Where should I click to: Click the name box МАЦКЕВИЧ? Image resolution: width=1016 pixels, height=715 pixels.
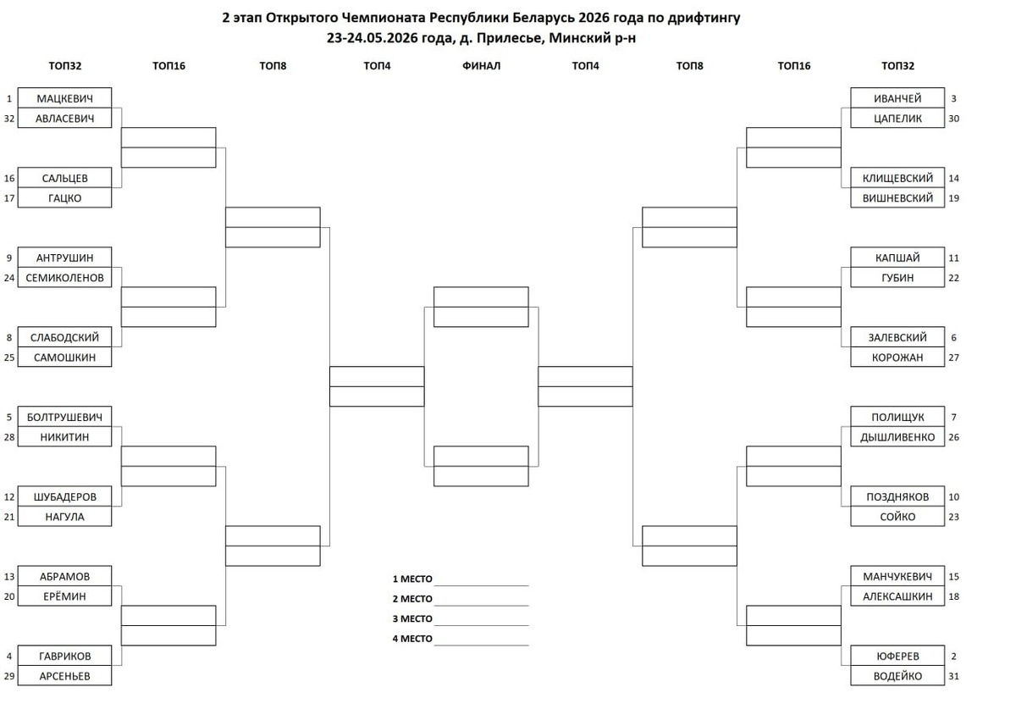click(x=65, y=98)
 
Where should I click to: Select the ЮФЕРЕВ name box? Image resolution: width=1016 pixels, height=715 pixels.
click(x=897, y=656)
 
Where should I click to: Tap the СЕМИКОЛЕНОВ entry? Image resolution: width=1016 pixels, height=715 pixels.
click(x=65, y=277)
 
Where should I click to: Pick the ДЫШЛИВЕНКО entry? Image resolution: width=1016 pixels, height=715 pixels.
click(x=897, y=437)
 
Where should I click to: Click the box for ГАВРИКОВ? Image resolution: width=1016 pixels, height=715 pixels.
click(x=65, y=656)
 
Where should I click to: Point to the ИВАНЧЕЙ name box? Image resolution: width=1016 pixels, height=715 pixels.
click(x=897, y=98)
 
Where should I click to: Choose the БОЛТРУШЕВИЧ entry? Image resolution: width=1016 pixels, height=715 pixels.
click(x=65, y=417)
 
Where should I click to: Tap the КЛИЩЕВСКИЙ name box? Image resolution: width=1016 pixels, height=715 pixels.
click(x=897, y=178)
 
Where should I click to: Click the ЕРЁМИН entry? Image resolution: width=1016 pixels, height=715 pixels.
click(x=65, y=596)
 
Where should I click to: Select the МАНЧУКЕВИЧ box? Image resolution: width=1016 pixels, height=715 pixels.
click(x=897, y=576)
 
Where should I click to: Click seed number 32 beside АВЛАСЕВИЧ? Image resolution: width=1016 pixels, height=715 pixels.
click(x=9, y=119)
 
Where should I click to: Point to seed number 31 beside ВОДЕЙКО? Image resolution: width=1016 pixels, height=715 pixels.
click(x=954, y=676)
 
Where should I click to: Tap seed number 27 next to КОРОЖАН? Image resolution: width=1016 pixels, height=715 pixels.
click(x=954, y=357)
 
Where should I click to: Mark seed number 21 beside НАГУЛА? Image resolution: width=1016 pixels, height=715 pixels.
click(x=9, y=517)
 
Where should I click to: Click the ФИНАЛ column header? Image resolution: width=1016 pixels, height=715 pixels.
click(x=481, y=66)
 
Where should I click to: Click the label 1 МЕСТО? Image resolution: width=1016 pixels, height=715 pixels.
click(x=412, y=579)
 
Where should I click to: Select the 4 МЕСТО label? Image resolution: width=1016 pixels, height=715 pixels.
click(x=412, y=639)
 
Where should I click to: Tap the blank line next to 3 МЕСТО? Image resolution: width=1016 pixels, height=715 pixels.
click(x=482, y=625)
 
